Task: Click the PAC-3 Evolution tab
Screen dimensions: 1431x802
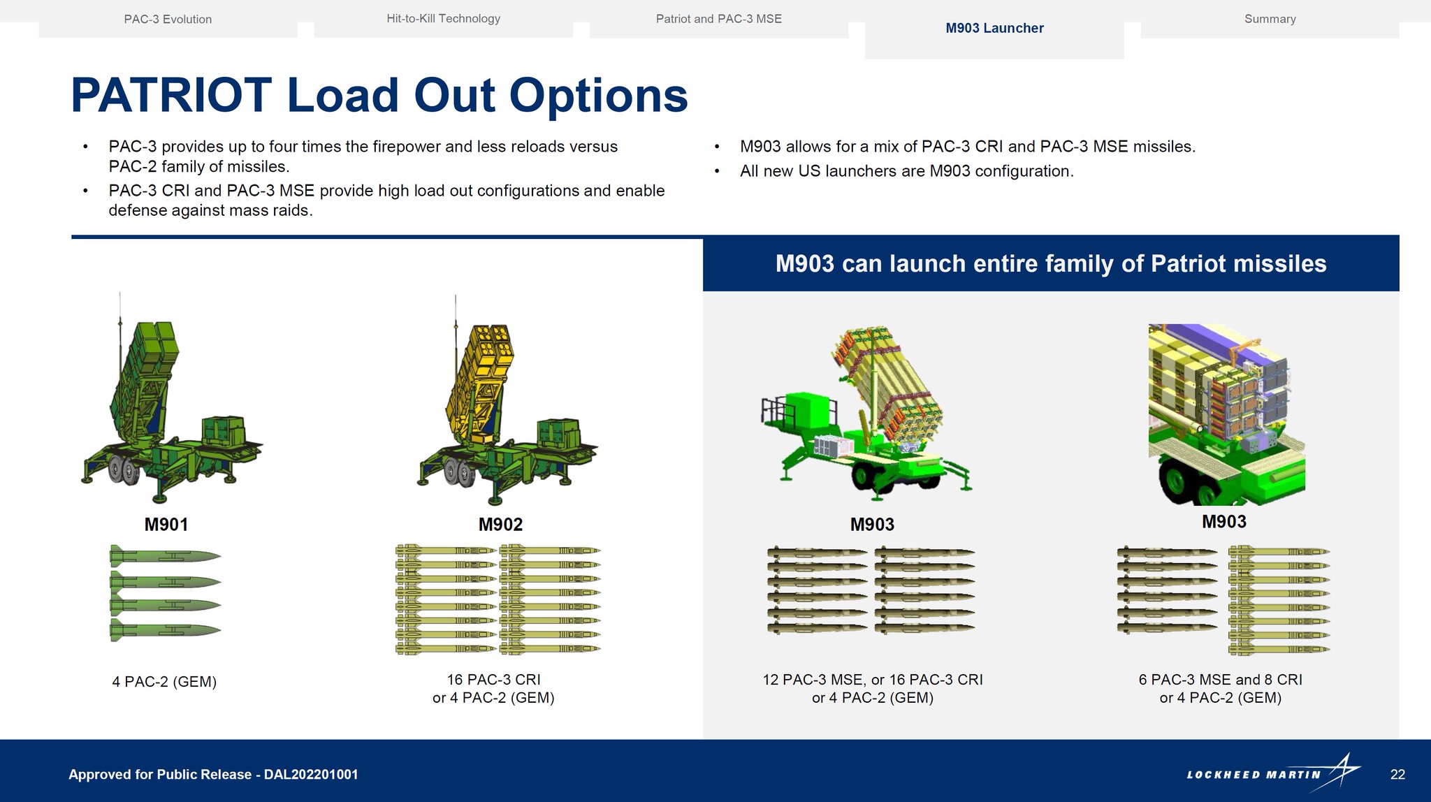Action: pyautogui.click(x=168, y=19)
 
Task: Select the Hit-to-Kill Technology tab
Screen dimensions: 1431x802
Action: pyautogui.click(x=443, y=19)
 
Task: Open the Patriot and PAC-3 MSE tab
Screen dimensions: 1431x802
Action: pyautogui.click(x=718, y=19)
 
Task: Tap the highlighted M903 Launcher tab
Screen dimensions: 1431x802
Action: pyautogui.click(x=994, y=29)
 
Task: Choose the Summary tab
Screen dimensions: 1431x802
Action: pyautogui.click(x=1270, y=19)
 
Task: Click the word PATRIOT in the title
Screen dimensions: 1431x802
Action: pyautogui.click(x=171, y=95)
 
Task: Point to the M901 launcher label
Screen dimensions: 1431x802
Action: pyautogui.click(x=166, y=525)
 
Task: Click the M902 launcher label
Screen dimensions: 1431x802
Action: pyautogui.click(x=500, y=525)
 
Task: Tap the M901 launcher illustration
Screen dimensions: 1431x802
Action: pyautogui.click(x=171, y=398)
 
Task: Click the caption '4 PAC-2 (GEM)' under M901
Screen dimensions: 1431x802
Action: pyautogui.click(x=164, y=682)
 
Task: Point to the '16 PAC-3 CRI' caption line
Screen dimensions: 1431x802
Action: pyautogui.click(x=493, y=680)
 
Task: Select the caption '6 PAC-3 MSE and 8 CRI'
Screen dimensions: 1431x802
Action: pyautogui.click(x=1220, y=680)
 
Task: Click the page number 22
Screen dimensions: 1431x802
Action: pyautogui.click(x=1397, y=774)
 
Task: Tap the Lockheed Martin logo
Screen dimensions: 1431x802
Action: pyautogui.click(x=1273, y=773)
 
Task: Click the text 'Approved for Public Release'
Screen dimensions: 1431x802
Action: pyautogui.click(x=160, y=774)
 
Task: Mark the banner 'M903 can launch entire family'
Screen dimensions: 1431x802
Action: pyautogui.click(x=1051, y=263)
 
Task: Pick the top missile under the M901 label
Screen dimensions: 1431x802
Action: pyautogui.click(x=166, y=557)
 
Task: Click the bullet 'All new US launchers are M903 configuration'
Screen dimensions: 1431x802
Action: pyautogui.click(x=906, y=171)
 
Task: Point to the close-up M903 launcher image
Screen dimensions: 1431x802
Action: pyautogui.click(x=1226, y=414)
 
